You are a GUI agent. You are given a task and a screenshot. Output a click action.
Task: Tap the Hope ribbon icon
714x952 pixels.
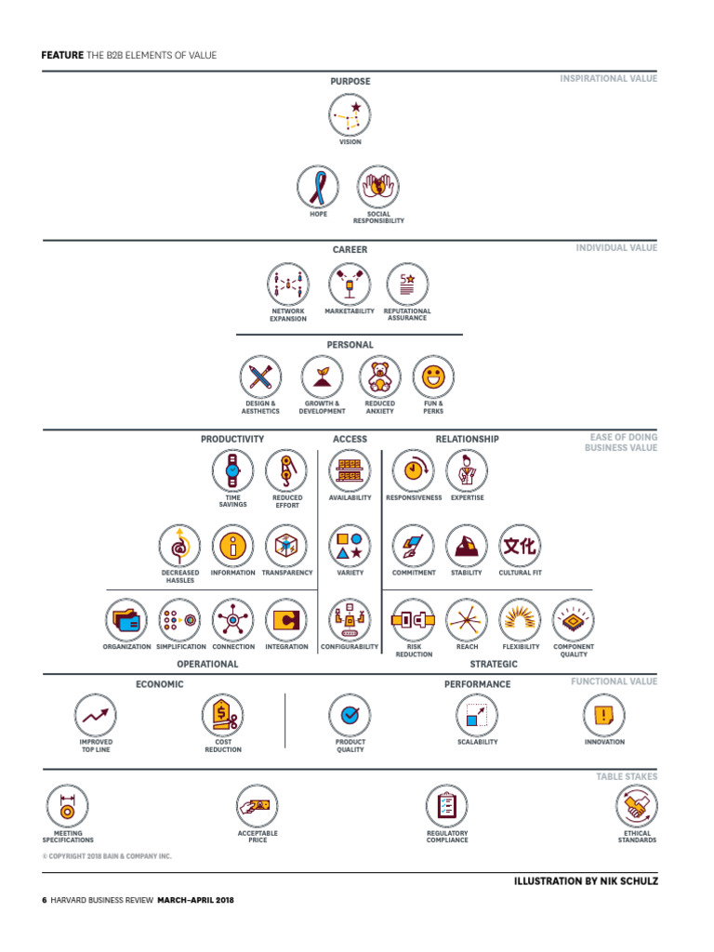(319, 187)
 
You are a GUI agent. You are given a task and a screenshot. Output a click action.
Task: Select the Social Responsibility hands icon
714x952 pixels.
(378, 187)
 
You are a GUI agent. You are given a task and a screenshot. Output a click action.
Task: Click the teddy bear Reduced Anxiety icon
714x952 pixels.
(379, 377)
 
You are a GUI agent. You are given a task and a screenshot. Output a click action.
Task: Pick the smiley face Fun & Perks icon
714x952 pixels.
(433, 377)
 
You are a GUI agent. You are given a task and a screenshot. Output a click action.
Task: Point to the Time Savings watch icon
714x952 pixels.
(232, 470)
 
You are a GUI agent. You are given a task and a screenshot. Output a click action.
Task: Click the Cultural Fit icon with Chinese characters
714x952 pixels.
(521, 547)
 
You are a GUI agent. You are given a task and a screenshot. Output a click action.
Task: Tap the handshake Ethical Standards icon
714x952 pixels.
(637, 806)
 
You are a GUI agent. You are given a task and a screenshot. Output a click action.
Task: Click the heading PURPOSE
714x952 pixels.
(350, 82)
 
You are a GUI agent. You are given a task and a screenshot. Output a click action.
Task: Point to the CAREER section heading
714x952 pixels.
(350, 249)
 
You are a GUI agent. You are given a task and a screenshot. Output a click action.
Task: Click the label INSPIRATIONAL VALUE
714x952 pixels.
(608, 79)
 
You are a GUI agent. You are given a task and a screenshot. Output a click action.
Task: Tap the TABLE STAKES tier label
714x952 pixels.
(627, 775)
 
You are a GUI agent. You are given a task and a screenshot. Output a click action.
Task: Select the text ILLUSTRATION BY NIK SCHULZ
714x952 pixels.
(586, 880)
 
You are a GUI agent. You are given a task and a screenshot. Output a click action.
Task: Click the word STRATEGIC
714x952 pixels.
(494, 665)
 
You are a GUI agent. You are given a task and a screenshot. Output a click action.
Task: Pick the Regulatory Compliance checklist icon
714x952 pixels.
(447, 806)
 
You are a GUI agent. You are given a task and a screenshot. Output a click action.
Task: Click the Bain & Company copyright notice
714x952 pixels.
(107, 856)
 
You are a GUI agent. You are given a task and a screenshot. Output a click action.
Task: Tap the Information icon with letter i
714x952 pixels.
(232, 547)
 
